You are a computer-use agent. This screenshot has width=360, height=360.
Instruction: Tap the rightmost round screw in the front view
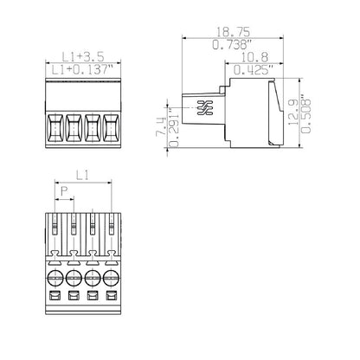(x=111, y=280)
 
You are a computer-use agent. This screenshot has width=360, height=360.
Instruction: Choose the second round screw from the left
(x=74, y=280)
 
